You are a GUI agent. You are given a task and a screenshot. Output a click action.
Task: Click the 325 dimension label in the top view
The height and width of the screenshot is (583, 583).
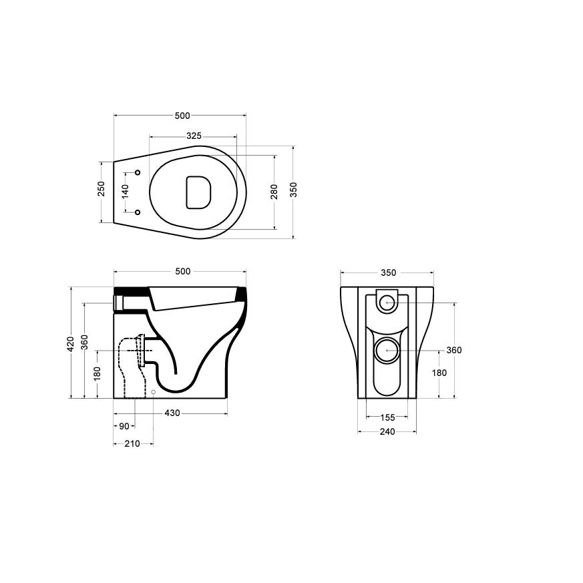(194, 136)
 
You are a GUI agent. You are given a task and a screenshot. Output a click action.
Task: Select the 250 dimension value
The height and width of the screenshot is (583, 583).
(102, 188)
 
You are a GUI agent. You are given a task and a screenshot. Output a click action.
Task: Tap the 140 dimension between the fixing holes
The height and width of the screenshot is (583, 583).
(124, 192)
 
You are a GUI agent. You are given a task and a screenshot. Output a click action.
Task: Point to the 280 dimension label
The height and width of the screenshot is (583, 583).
(274, 192)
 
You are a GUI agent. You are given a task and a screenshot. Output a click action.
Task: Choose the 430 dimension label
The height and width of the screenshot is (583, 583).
(172, 413)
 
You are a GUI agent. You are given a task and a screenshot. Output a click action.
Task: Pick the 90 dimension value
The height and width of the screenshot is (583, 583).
(124, 426)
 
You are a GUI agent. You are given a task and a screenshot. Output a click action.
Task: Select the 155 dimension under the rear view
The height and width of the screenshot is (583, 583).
(387, 417)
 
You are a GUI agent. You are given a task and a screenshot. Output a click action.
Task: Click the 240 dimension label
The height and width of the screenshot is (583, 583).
(387, 431)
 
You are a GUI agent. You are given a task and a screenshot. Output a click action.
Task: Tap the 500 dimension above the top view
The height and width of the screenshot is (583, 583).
(182, 116)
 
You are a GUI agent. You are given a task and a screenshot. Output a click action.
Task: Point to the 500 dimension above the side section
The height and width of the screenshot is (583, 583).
(182, 271)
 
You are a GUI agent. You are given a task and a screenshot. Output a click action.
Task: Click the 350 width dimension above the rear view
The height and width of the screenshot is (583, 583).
(388, 272)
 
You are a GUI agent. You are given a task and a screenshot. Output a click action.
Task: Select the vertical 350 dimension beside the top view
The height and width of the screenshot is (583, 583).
(294, 190)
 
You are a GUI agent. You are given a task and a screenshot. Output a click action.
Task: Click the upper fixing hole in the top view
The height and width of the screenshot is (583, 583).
(138, 173)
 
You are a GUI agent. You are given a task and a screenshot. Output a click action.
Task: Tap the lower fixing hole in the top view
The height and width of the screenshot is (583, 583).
(138, 212)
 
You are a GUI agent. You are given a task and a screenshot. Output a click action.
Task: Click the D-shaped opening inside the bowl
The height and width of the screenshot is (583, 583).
(198, 190)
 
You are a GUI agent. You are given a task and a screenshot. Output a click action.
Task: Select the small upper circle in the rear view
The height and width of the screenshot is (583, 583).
(387, 303)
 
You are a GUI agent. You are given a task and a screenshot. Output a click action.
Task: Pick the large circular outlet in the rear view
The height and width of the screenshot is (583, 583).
(387, 349)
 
